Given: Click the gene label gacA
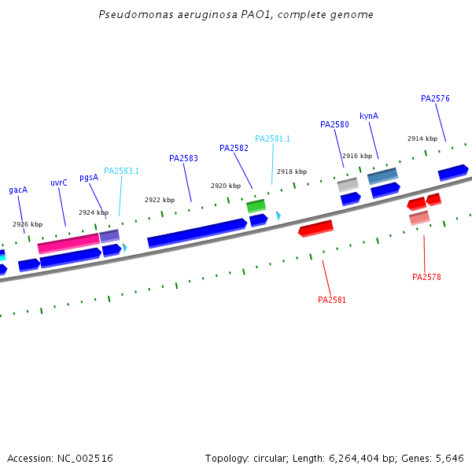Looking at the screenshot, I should click(18, 190).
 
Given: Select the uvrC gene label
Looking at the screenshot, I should click(59, 183).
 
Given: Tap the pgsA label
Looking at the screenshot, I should click(89, 177).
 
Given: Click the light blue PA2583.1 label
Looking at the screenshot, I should click(121, 171).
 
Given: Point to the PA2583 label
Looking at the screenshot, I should click(183, 158).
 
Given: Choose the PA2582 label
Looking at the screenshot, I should click(234, 148).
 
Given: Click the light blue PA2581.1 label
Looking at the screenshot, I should click(272, 138).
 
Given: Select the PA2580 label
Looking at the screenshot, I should click(334, 124).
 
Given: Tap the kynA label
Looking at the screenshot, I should click(369, 116).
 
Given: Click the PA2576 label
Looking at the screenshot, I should click(435, 98).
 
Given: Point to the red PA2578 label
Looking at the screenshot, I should click(426, 277).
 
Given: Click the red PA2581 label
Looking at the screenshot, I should click(332, 300).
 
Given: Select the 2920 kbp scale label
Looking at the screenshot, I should click(226, 186).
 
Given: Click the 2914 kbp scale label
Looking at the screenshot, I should click(422, 138).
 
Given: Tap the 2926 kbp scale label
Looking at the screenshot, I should click(28, 224).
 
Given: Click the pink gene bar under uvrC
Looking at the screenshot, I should click(68, 243).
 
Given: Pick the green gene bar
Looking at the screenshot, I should click(256, 206).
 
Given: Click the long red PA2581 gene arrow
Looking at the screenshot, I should click(315, 229).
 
